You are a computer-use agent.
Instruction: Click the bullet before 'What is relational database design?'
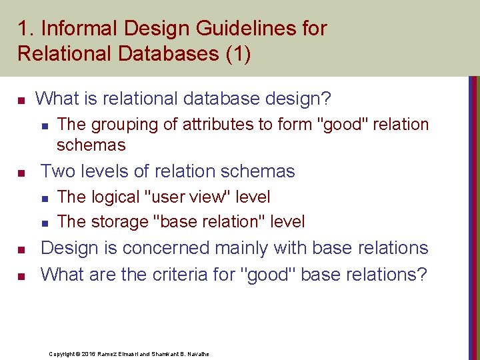[x=21, y=101]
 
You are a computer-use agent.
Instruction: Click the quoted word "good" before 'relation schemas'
[x=345, y=124]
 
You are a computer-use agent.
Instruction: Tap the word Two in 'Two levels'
[x=58, y=171]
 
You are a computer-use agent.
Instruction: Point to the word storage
[x=119, y=221]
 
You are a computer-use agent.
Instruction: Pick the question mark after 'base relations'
[x=421, y=274]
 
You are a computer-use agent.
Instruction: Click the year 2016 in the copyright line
[x=91, y=353]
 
